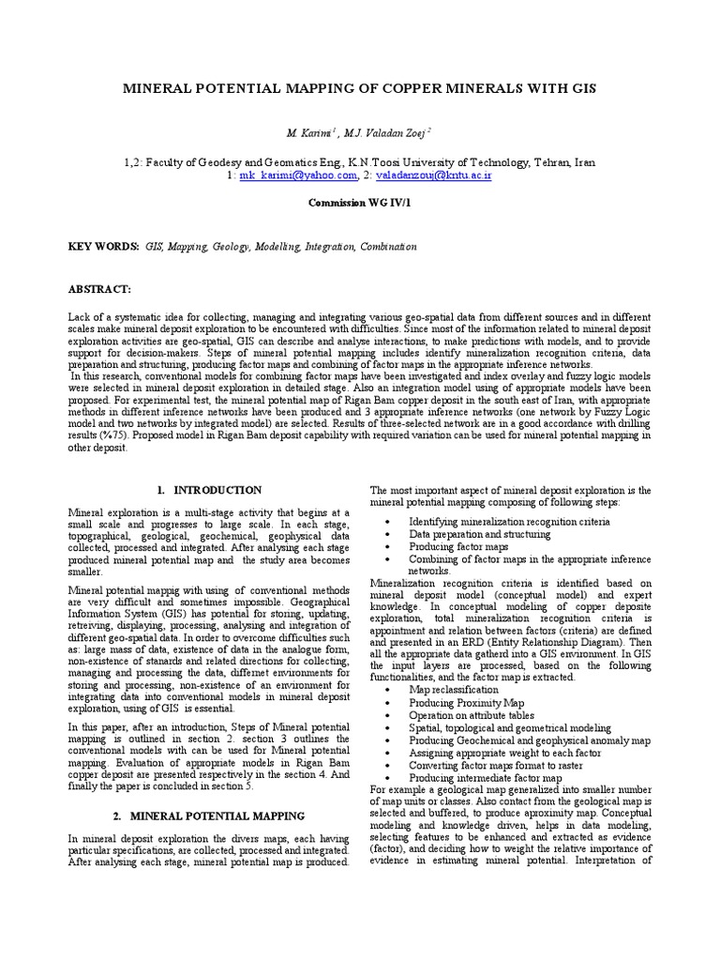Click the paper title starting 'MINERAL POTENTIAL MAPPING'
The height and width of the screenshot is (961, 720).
(360, 88)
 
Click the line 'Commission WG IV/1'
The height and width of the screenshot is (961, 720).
(359, 202)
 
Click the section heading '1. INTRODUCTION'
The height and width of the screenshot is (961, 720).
(209, 490)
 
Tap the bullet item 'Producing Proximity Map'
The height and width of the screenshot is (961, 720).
(465, 702)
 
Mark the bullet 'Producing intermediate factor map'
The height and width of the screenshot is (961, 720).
(485, 778)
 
